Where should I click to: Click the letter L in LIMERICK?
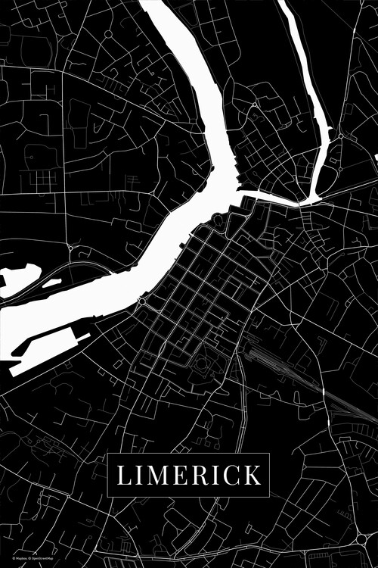pos(123,476)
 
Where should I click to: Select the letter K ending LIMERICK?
pos(253,476)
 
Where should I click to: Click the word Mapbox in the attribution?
pos(10,561)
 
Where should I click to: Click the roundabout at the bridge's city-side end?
pos(141,301)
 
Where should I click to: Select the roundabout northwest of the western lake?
pos(70,248)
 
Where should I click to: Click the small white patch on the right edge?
pos(376,157)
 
